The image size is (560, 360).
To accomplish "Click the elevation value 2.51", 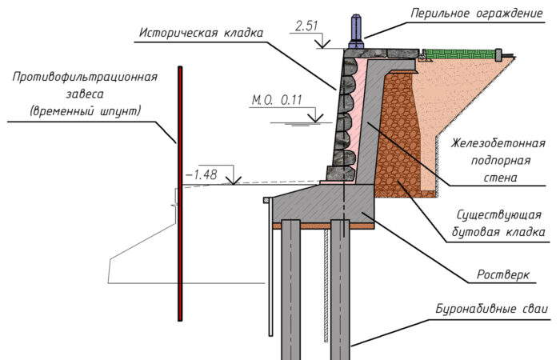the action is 306,26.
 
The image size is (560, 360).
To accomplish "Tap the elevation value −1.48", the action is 202,174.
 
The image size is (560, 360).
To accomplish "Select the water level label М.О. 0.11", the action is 277,100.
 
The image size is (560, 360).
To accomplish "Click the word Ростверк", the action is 503,274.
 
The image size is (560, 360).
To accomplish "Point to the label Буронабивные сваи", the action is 491,309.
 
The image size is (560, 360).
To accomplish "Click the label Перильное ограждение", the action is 477,14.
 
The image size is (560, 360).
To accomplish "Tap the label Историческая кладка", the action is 201,33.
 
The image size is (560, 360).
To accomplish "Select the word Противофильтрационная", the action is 85,77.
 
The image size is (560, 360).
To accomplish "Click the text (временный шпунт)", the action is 85,111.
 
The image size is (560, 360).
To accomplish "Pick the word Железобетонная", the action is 498,143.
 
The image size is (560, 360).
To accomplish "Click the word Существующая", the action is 499,215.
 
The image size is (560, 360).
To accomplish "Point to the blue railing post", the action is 357,31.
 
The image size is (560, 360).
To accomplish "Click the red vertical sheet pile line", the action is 180,194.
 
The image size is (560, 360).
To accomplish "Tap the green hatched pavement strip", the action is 461,54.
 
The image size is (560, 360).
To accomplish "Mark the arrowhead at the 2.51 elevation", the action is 323,45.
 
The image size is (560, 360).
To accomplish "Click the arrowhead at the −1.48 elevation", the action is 234,181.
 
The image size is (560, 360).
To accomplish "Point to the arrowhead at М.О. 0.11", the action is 315,118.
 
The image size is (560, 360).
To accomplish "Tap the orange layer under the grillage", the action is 323,226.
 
